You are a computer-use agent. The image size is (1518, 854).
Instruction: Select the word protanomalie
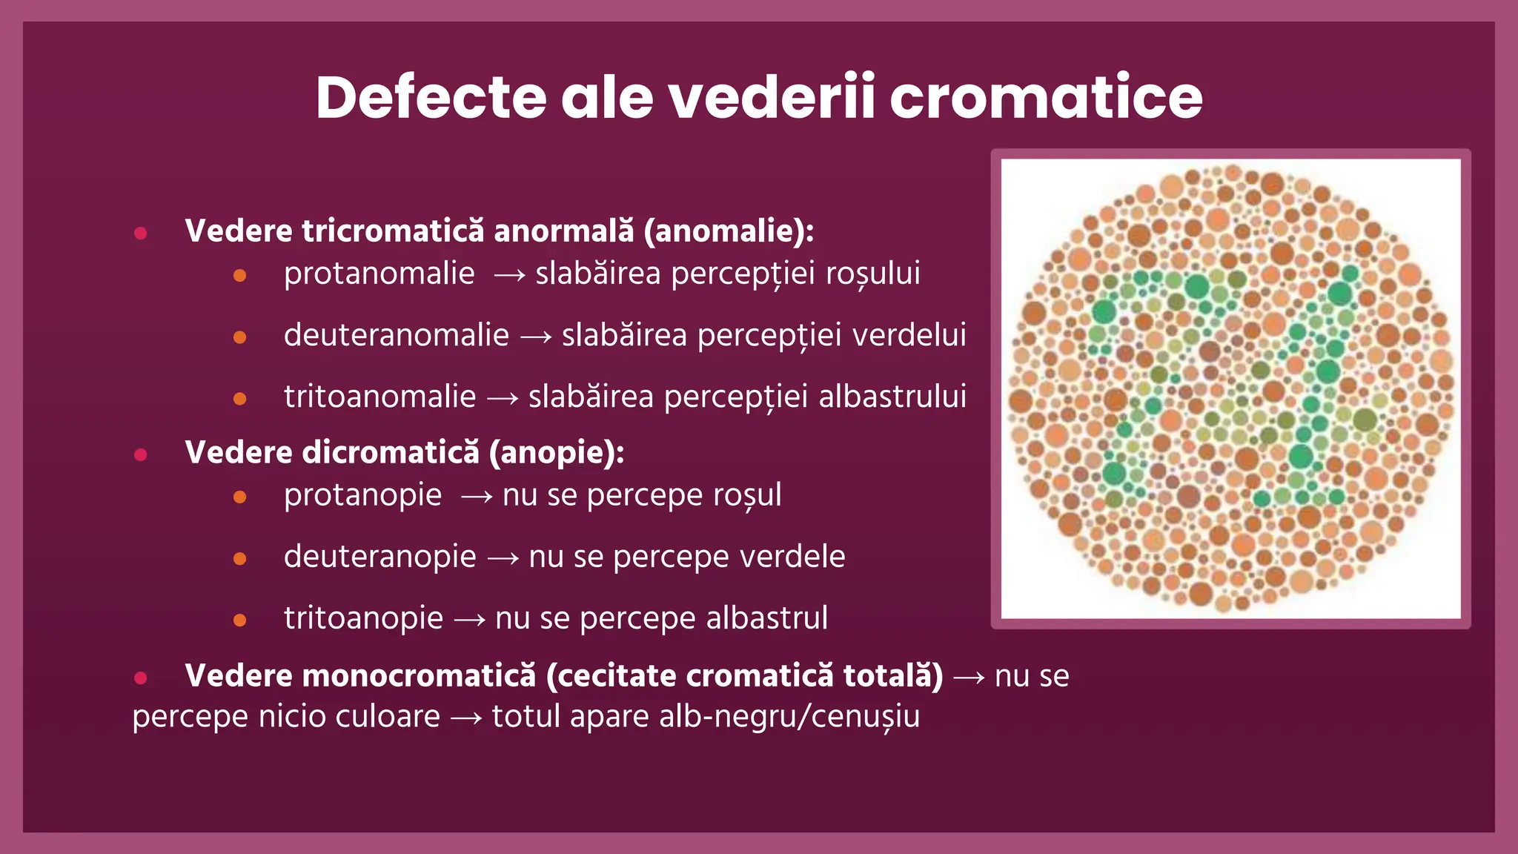[x=379, y=274]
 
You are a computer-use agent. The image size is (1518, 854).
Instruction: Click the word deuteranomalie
[x=397, y=335]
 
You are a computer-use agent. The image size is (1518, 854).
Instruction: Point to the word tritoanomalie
[x=379, y=397]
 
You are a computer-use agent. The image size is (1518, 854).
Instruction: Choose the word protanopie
[x=362, y=495]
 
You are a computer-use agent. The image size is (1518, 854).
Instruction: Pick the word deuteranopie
[x=379, y=557]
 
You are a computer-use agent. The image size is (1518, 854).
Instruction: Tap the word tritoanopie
[x=363, y=618]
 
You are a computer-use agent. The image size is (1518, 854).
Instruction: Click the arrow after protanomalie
[x=509, y=276]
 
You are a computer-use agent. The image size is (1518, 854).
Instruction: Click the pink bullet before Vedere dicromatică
[x=141, y=454]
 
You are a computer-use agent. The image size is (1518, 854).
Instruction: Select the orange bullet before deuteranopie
[x=239, y=559]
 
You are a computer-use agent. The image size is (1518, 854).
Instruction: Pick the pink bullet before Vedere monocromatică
[x=141, y=678]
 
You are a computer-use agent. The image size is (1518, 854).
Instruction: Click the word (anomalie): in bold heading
[x=729, y=231]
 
